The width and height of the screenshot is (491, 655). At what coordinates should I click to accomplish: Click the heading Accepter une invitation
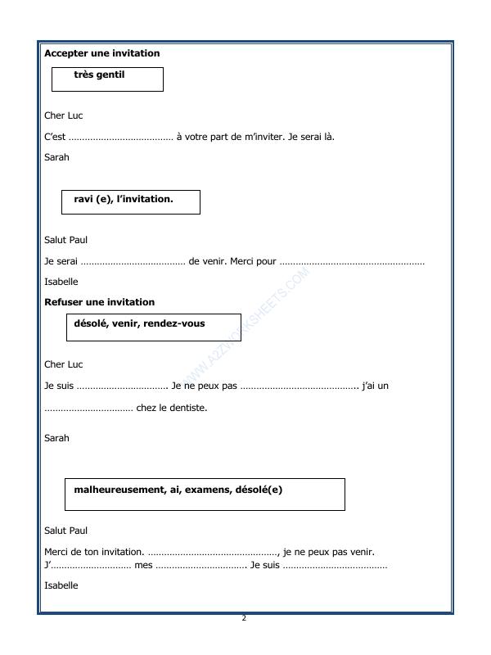coord(101,53)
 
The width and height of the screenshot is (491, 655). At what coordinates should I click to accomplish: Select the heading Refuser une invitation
coord(99,302)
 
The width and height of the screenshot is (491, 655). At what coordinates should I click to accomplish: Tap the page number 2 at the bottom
coord(244,618)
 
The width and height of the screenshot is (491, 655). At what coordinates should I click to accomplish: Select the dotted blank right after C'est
coord(120,137)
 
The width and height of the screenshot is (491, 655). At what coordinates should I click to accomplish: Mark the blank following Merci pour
coord(352,262)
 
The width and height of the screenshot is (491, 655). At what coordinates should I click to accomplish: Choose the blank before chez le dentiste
coord(88,408)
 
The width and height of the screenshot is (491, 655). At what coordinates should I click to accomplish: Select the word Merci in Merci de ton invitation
coord(56,552)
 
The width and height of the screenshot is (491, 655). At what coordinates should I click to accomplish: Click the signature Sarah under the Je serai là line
coord(56,157)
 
